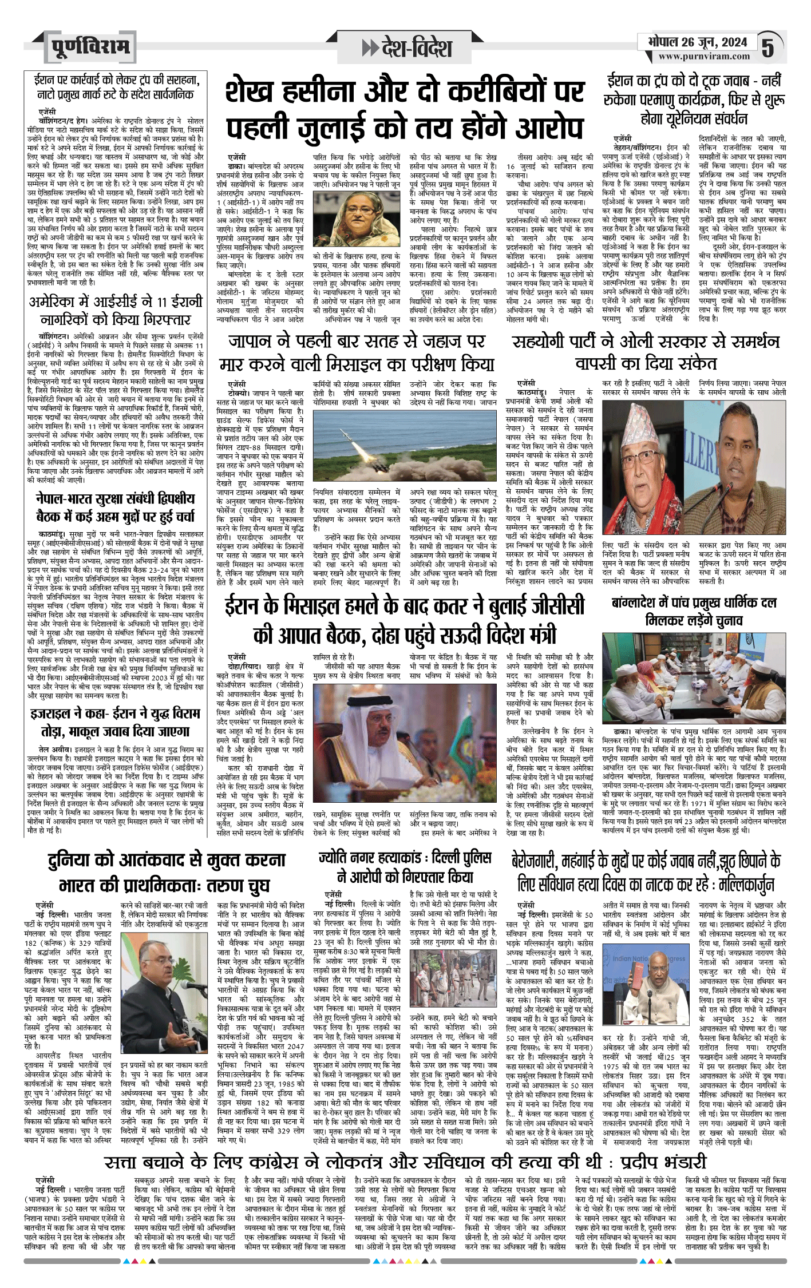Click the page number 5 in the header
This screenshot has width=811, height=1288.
click(768, 47)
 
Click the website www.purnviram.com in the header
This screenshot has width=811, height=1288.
click(703, 56)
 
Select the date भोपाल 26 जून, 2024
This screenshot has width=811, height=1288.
click(698, 42)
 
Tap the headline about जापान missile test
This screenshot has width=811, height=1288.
click(357, 352)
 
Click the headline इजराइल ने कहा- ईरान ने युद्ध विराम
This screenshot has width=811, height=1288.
click(115, 723)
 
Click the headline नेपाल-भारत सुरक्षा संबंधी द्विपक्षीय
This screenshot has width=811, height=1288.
click(115, 507)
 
